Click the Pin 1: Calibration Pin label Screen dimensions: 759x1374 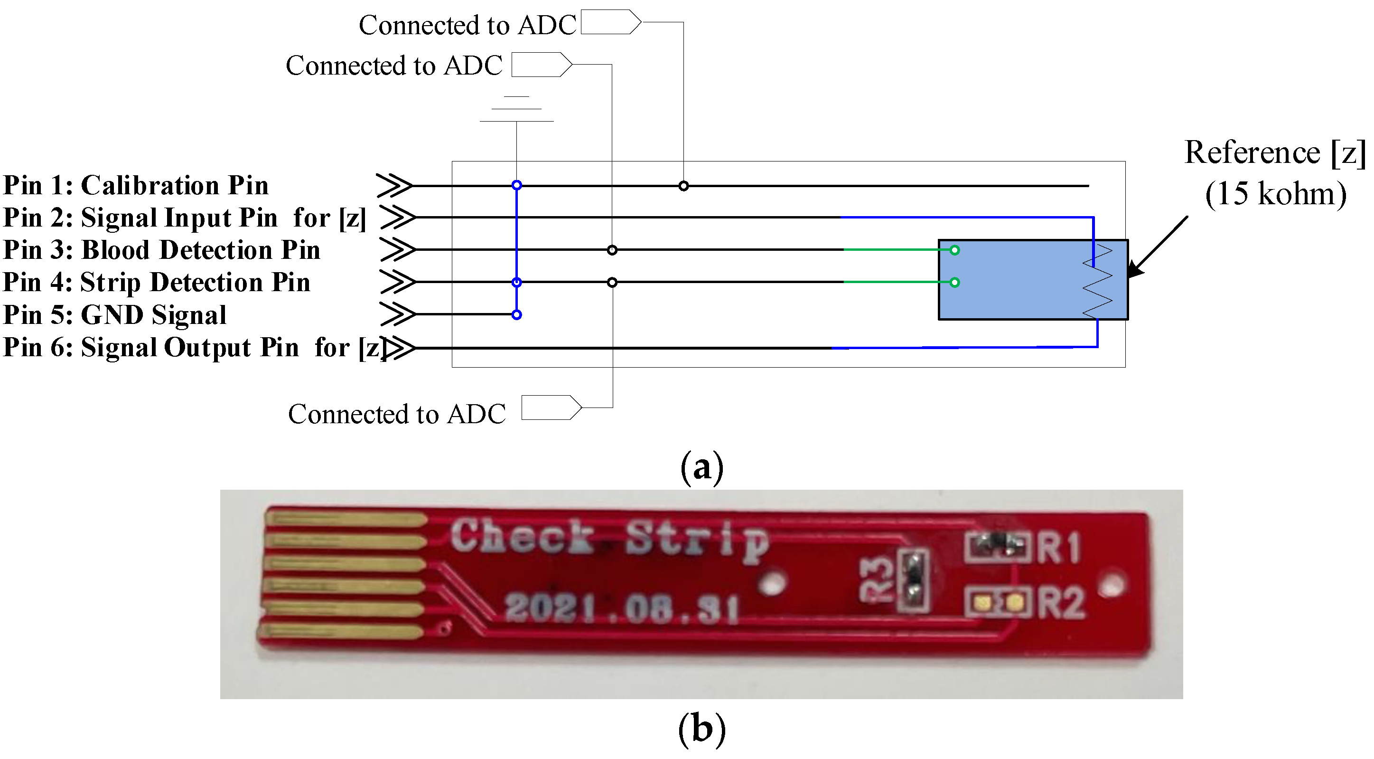[136, 185]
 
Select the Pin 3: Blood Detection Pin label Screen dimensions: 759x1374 [162, 250]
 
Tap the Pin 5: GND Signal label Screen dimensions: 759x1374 [115, 315]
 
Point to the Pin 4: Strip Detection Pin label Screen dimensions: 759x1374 [156, 282]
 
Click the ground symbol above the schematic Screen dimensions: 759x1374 [516, 109]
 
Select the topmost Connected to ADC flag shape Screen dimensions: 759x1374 [610, 22]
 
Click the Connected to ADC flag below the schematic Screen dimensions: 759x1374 [551, 408]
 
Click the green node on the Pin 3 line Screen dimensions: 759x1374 [955, 250]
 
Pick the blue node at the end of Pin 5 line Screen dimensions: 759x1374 [516, 315]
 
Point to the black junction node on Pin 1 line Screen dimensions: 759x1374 [683, 186]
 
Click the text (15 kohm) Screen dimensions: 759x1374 [1275, 194]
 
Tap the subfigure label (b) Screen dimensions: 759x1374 [702, 729]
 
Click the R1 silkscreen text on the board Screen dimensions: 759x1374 [1059, 548]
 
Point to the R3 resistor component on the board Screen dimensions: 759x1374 [913, 581]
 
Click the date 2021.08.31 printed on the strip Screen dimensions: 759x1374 [621, 608]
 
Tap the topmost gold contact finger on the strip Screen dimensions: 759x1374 [346, 518]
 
